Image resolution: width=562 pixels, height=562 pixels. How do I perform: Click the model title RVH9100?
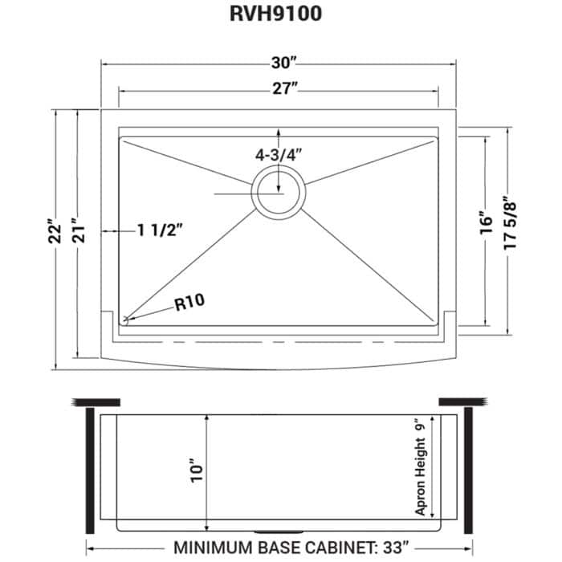280,17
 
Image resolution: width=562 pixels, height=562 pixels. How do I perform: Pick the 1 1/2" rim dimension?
160,230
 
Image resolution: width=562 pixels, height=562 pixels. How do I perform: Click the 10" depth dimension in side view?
198,472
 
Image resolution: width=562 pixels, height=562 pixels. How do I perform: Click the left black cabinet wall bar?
90,473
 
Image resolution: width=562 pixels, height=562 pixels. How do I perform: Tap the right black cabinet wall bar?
469,473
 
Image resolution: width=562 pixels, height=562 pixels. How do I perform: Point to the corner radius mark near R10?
126,320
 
